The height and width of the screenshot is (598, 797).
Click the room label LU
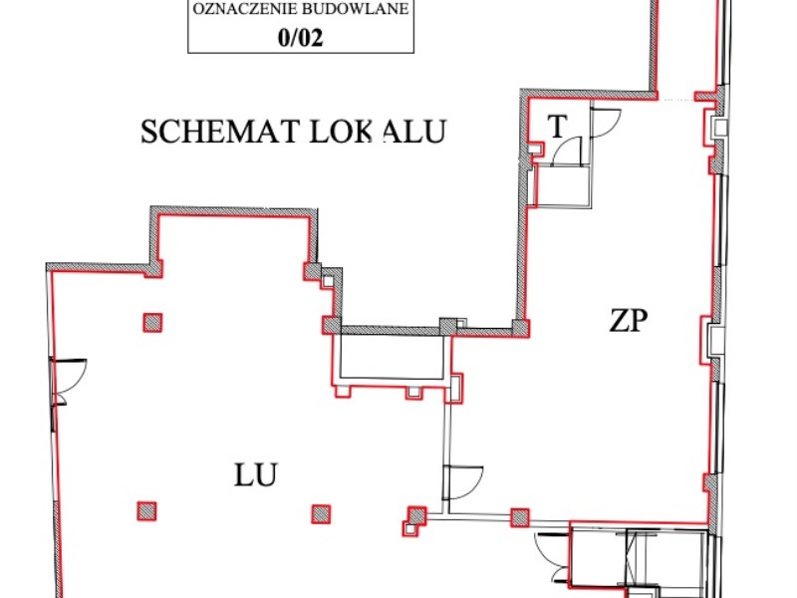(x=256, y=473)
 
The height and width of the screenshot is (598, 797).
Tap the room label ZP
(x=629, y=320)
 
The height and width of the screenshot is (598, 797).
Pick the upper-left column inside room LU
(x=152, y=322)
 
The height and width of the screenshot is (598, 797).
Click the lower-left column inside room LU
(x=147, y=511)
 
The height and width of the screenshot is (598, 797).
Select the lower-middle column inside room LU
(x=320, y=514)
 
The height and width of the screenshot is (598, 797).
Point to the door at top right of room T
(x=602, y=122)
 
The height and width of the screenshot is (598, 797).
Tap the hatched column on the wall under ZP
(x=519, y=516)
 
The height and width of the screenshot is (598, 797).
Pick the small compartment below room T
(x=564, y=185)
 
